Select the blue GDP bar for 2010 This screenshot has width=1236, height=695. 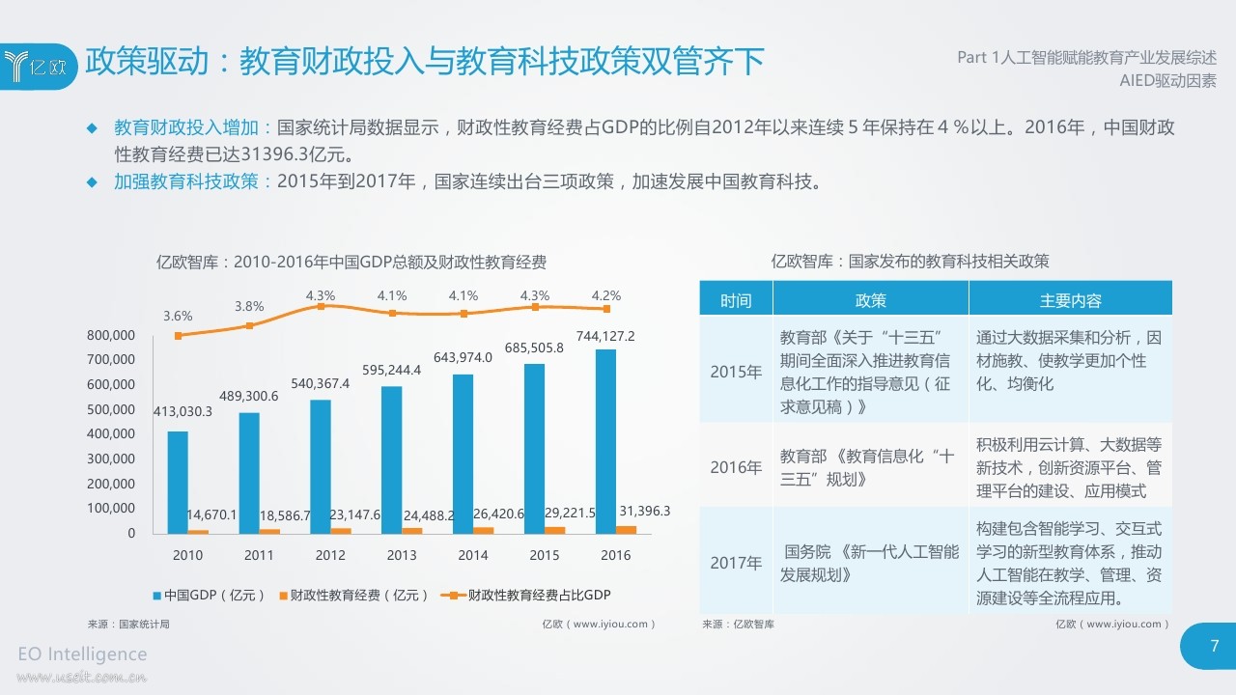[178, 482]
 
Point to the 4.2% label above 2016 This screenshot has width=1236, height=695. [605, 295]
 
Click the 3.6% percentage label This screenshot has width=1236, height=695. [178, 316]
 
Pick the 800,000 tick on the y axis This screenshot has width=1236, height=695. [110, 336]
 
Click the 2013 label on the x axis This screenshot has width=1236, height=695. [402, 555]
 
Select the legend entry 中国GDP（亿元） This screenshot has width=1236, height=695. [209, 596]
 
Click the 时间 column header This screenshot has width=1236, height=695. [736, 300]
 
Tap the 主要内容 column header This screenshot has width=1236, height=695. [1070, 300]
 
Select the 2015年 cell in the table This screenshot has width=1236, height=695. [736, 372]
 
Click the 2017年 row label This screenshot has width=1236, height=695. [736, 563]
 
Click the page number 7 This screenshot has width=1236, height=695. [1215, 646]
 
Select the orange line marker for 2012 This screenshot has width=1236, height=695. [322, 306]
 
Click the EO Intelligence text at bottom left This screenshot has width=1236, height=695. [83, 653]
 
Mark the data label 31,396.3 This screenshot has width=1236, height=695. [644, 511]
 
